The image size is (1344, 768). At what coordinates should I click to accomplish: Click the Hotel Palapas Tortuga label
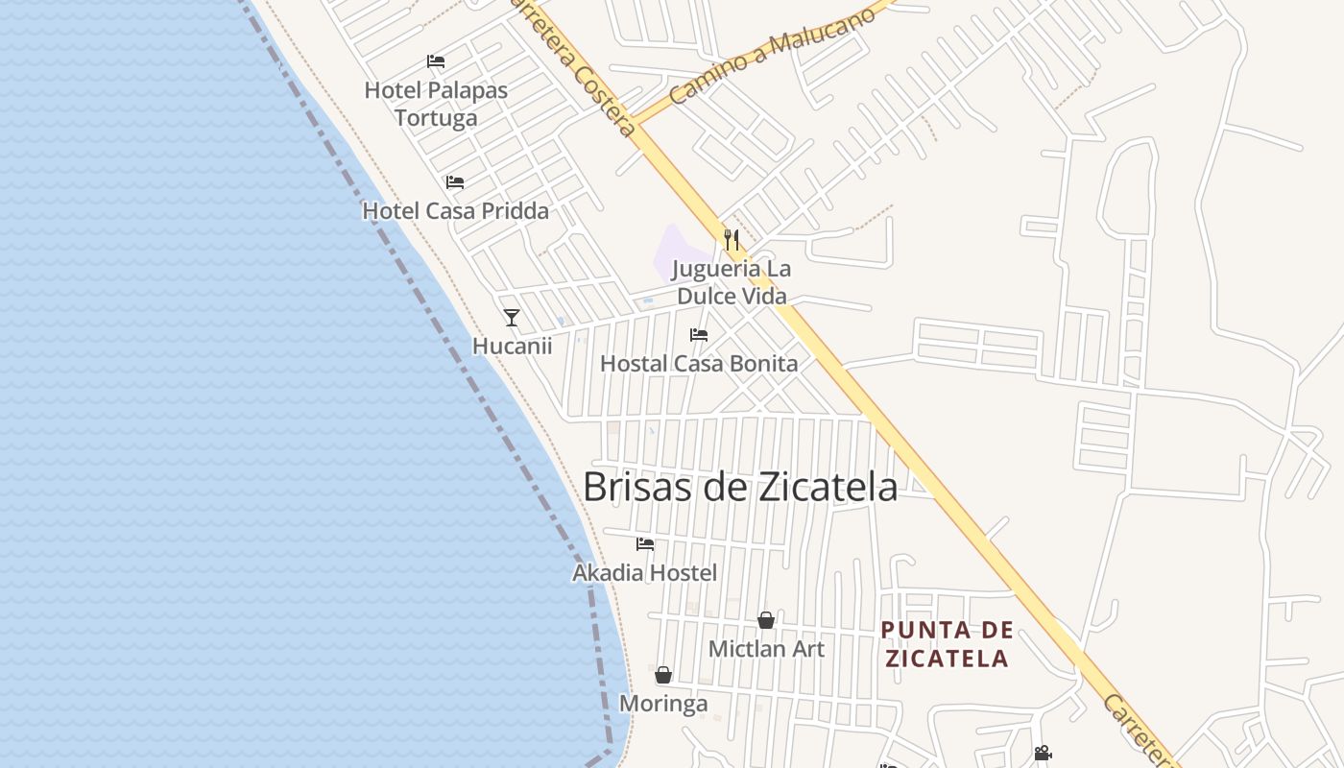tap(436, 104)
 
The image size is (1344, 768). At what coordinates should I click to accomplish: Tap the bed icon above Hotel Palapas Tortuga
tap(436, 61)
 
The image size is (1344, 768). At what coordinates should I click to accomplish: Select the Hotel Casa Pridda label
tap(455, 211)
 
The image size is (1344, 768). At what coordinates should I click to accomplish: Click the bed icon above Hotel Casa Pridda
tap(455, 181)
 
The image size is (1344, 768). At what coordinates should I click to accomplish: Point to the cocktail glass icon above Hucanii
tap(512, 317)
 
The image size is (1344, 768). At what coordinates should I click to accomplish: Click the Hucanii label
tap(512, 346)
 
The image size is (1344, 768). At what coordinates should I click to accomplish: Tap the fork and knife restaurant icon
tap(732, 239)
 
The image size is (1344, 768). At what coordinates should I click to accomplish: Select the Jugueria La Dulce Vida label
tap(732, 282)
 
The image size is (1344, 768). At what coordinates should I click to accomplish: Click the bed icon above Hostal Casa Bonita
tap(699, 334)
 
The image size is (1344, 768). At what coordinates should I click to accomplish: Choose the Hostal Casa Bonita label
tap(699, 364)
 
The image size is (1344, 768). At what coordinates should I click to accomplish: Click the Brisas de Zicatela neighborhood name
tap(740, 487)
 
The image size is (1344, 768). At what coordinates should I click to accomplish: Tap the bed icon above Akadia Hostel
tap(645, 543)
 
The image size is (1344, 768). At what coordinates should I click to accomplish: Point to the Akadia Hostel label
tap(645, 573)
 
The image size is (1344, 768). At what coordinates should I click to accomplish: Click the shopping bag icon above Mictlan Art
tap(766, 620)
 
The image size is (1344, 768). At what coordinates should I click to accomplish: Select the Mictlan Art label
tap(766, 649)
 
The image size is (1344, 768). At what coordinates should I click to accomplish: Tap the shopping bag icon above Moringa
tap(662, 675)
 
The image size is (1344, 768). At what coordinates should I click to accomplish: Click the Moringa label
tap(663, 704)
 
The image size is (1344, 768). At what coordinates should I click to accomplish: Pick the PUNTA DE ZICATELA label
tap(947, 644)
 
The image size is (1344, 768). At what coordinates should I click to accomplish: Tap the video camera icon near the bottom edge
tap(1043, 754)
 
